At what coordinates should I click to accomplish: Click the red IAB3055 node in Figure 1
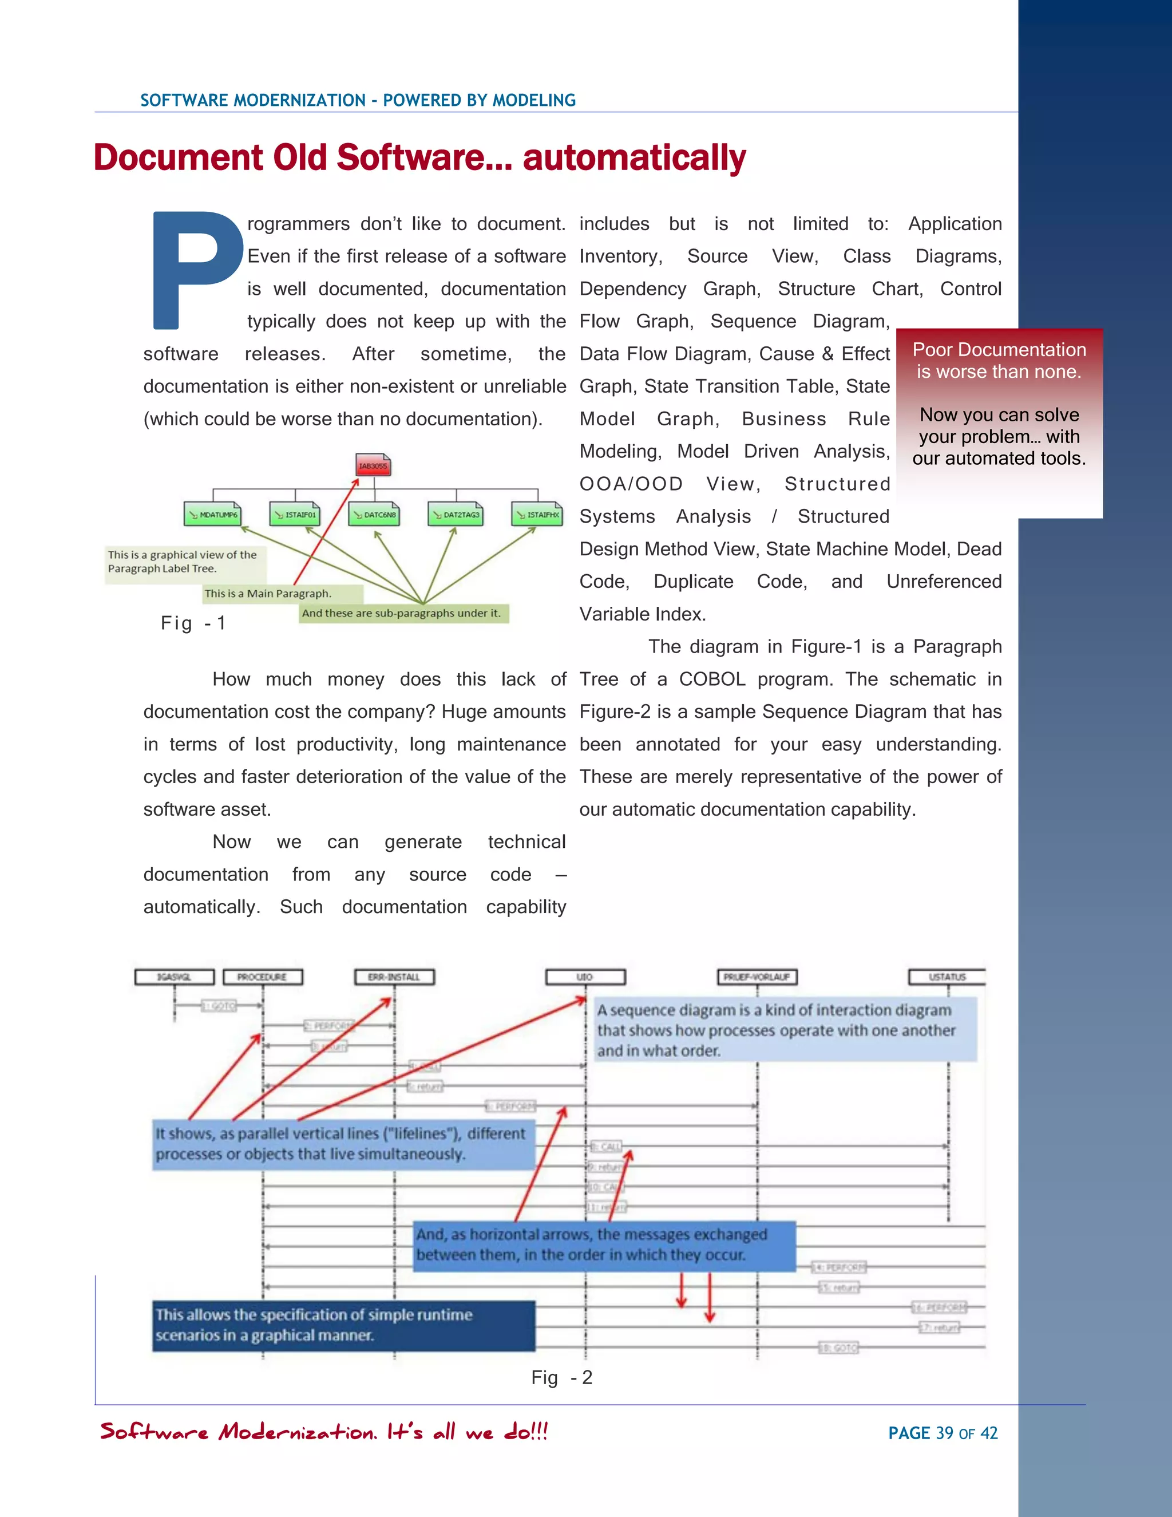pyautogui.click(x=373, y=465)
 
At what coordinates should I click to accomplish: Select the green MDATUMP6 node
pyautogui.click(x=212, y=515)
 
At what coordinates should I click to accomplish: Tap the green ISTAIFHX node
pyautogui.click(x=537, y=515)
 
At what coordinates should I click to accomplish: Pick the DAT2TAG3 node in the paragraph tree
pyautogui.click(x=456, y=515)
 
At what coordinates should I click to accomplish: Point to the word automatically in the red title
pyautogui.click(x=634, y=157)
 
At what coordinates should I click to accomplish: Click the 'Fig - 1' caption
pyautogui.click(x=193, y=623)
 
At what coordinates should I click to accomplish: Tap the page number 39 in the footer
pyautogui.click(x=944, y=1433)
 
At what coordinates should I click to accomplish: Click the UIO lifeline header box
pyautogui.click(x=585, y=977)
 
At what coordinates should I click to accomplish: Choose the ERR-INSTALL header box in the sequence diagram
pyautogui.click(x=394, y=977)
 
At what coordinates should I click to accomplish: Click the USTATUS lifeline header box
pyautogui.click(x=947, y=977)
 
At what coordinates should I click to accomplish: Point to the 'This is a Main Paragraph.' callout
pyautogui.click(x=282, y=593)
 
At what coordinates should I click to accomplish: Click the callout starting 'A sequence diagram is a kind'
pyautogui.click(x=785, y=1030)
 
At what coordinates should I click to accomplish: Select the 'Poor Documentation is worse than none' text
pyautogui.click(x=999, y=361)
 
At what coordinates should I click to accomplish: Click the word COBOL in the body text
pyautogui.click(x=712, y=680)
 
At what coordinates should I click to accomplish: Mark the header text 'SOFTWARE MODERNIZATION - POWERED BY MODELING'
pyautogui.click(x=358, y=100)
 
